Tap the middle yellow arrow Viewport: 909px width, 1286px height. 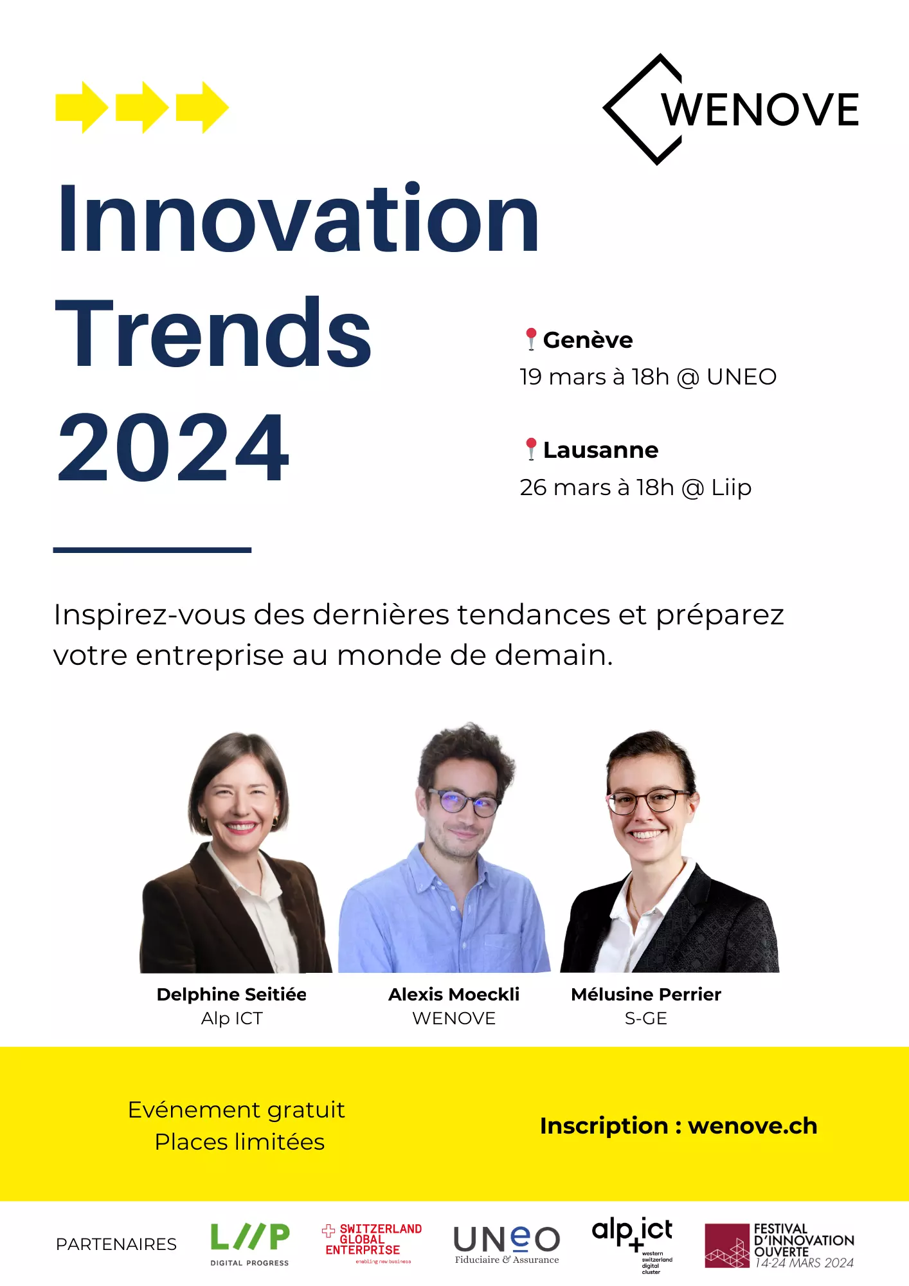[x=142, y=107]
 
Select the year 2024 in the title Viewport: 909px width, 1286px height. [x=174, y=448]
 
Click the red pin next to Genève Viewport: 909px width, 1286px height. [x=531, y=339]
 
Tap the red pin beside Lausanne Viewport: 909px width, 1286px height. [x=531, y=449]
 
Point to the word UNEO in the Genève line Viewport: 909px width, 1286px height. [x=742, y=377]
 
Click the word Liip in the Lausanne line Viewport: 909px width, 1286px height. [x=732, y=487]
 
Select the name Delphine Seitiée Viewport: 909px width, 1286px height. [x=231, y=994]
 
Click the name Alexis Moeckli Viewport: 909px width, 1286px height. [x=454, y=994]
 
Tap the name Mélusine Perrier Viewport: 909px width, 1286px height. [x=646, y=994]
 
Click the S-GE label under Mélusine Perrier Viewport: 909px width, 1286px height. [x=646, y=1019]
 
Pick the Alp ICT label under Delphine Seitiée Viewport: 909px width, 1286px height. [x=232, y=1019]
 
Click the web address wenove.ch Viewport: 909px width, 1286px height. [x=753, y=1126]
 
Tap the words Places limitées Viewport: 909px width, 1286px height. [x=240, y=1142]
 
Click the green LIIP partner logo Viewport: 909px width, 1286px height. [x=250, y=1244]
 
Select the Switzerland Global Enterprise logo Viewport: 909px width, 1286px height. [x=372, y=1243]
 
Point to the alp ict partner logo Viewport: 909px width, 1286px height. [x=633, y=1245]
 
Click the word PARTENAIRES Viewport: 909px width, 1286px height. [x=116, y=1244]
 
